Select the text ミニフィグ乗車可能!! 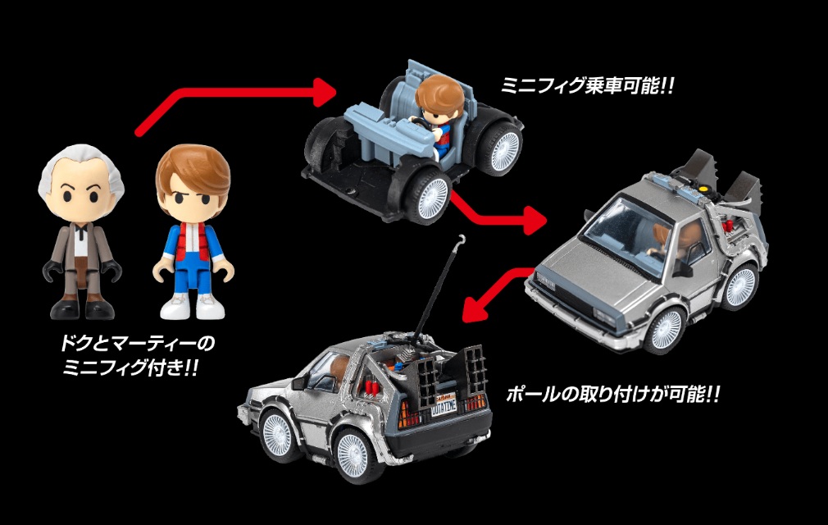pyautogui.click(x=587, y=85)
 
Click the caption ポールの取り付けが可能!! pyautogui.click(x=612, y=394)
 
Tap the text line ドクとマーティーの pyautogui.click(x=137, y=344)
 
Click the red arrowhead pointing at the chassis pyautogui.click(x=323, y=92)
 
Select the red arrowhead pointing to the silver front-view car pyautogui.click(x=534, y=220)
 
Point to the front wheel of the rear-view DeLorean pyautogui.click(x=275, y=434)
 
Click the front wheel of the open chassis pyautogui.click(x=432, y=195)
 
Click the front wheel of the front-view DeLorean pyautogui.click(x=666, y=328)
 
